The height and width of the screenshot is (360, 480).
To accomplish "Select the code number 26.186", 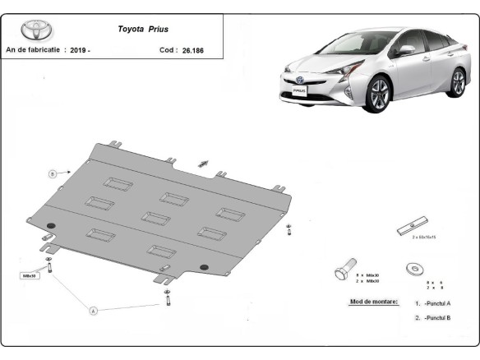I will pos(192,49).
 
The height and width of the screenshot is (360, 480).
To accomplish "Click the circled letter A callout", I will pos(94,311).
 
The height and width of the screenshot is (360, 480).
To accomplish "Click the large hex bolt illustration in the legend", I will pos(344,271).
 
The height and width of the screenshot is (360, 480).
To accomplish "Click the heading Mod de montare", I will pos(374,302).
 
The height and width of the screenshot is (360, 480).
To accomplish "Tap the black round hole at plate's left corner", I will pos(51,226).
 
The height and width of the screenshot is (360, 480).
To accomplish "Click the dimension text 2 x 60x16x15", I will pos(424,237).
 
